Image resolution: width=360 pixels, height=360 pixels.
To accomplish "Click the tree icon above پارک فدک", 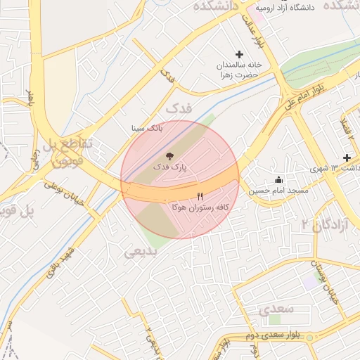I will pyautogui.click(x=169, y=155).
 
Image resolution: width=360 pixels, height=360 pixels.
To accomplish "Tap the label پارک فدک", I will pyautogui.click(x=168, y=169).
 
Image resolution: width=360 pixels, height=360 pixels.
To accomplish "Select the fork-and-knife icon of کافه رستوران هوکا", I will pyautogui.click(x=200, y=196).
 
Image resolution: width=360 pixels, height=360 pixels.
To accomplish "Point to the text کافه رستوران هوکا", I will pyautogui.click(x=200, y=208).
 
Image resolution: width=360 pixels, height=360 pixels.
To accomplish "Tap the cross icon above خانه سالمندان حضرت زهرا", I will pyautogui.click(x=239, y=54).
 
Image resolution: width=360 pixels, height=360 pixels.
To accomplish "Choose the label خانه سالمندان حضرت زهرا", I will pyautogui.click(x=239, y=68).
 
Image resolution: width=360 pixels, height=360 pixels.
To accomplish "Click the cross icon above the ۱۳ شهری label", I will pyautogui.click(x=347, y=157).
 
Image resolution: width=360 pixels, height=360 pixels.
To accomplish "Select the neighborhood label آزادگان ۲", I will pyautogui.click(x=314, y=224).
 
